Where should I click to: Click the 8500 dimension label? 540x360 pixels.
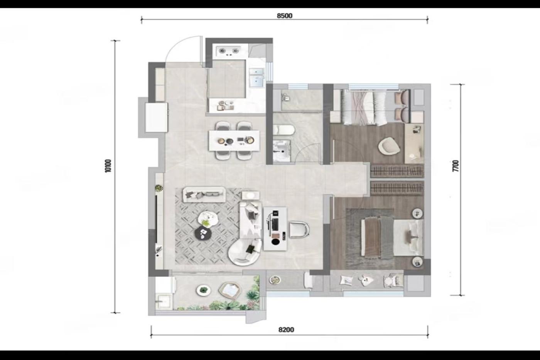285,16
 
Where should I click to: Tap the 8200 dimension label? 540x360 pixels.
286,330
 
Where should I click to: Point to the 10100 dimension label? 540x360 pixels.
108,166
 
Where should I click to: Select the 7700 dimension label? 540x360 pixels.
456,166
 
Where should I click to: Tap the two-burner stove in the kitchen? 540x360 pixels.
228,52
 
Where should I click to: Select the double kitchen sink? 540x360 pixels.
256,78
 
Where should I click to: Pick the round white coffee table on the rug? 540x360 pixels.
206,219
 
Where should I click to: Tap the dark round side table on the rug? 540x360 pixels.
203,233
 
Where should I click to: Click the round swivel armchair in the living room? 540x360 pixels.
245,252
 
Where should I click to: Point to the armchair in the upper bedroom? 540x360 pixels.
389,146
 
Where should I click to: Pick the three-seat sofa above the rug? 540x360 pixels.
204,194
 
